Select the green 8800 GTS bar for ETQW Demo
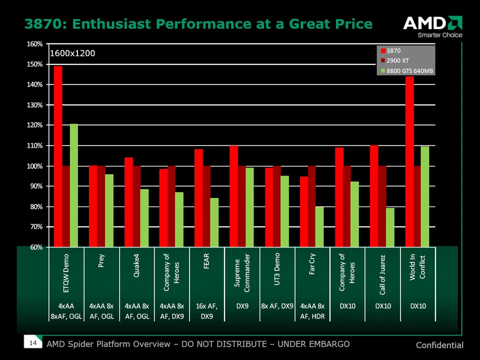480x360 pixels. coord(73,185)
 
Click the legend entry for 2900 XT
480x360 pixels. coord(398,60)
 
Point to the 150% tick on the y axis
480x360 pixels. coord(35,64)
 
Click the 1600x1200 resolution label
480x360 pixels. coord(72,53)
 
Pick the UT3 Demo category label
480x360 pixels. coord(276,272)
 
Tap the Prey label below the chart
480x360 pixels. coord(101,261)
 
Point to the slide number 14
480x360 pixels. coord(33,343)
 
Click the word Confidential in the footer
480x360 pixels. coord(439,345)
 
